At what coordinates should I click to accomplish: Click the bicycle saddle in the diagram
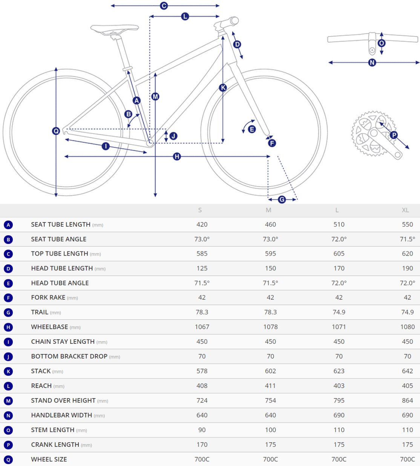[114, 29]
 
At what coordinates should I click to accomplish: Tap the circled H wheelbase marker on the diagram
[177, 156]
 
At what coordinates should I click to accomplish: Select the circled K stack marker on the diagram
[223, 88]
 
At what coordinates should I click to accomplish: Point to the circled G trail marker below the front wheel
[282, 199]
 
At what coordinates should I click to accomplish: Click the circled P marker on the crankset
[394, 135]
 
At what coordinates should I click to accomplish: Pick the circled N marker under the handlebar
[372, 63]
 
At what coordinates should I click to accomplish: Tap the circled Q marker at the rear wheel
[56, 131]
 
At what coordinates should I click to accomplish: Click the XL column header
[405, 210]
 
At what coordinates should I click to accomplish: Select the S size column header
[200, 210]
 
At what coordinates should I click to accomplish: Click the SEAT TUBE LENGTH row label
[61, 224]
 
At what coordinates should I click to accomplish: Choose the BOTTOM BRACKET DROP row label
[69, 356]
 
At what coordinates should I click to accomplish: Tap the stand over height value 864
[407, 400]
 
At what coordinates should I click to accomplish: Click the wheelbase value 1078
[270, 327]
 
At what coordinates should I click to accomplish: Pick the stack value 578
[202, 371]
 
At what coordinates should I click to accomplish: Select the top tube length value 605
[339, 253]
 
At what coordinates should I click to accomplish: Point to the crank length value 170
[202, 445]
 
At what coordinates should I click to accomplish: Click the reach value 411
[270, 386]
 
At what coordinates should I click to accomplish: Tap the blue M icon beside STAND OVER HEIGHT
[8, 401]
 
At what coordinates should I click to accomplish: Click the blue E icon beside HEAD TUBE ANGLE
[8, 284]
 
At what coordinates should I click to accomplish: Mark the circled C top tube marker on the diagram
[164, 6]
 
